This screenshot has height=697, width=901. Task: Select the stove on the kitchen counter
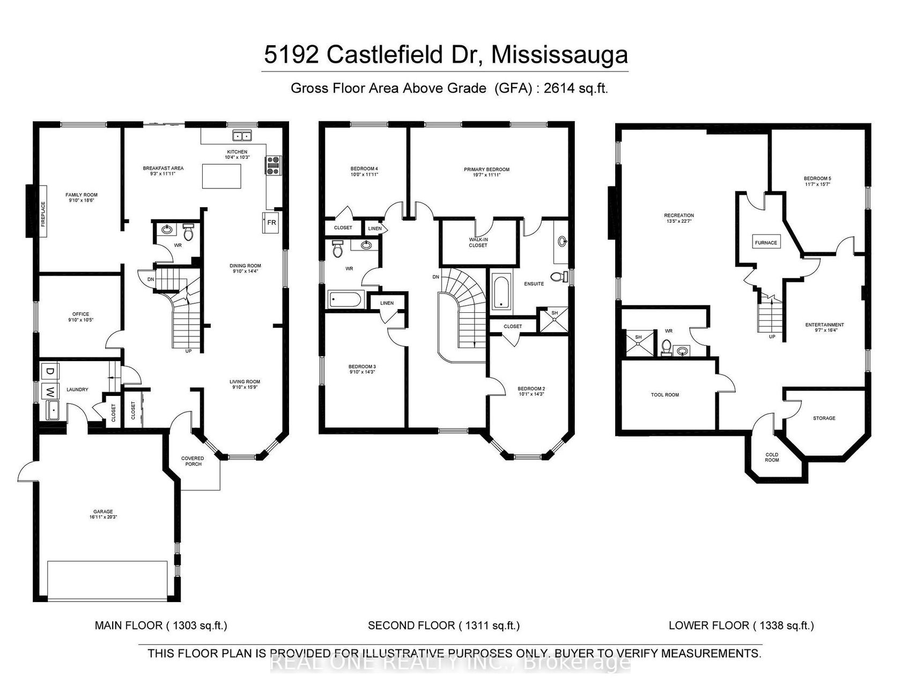pyautogui.click(x=272, y=165)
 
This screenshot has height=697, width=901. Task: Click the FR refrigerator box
pyautogui.click(x=271, y=222)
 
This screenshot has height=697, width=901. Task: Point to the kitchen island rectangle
pyautogui.click(x=221, y=176)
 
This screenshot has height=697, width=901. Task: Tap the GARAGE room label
pyautogui.click(x=101, y=514)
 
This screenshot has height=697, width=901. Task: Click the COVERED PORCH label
pyautogui.click(x=193, y=461)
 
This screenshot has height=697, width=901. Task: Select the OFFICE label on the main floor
pyautogui.click(x=81, y=317)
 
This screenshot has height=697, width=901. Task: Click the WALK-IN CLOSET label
pyautogui.click(x=478, y=242)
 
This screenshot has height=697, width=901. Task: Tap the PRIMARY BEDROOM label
pyautogui.click(x=486, y=172)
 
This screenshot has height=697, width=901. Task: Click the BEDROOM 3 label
pyautogui.click(x=362, y=369)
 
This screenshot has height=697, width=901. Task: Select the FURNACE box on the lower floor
pyautogui.click(x=765, y=243)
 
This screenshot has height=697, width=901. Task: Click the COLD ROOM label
pyautogui.click(x=772, y=457)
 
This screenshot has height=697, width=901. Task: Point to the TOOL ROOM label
pyautogui.click(x=664, y=395)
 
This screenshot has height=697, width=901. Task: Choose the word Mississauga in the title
pyautogui.click(x=559, y=55)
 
